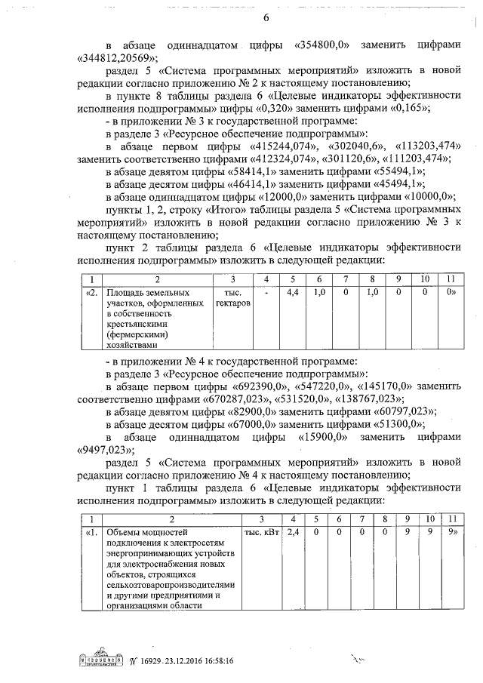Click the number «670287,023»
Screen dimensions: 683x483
click(x=241, y=398)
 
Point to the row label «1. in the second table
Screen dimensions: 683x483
click(x=91, y=532)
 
